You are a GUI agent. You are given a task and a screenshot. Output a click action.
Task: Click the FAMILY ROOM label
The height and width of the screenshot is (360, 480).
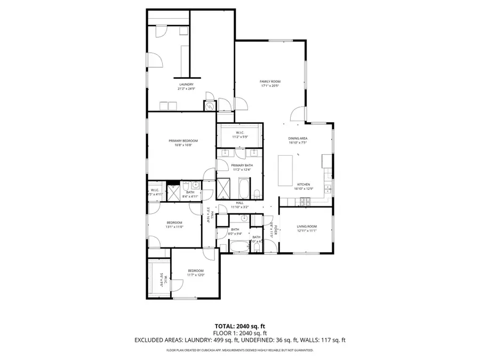pos(270,81)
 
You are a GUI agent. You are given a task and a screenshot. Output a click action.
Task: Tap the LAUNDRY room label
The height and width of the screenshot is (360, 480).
pos(186,84)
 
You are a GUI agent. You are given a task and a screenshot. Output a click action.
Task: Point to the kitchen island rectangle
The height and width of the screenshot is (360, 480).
pos(286,170)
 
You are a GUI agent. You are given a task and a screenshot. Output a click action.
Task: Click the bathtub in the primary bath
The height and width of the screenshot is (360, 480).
pos(244,188)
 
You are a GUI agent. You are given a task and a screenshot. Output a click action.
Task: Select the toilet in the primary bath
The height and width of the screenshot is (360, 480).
pos(257,192)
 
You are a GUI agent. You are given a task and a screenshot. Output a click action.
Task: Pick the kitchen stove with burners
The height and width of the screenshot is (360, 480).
pos(307,201)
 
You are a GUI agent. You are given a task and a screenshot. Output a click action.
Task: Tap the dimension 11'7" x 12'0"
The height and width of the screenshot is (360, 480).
pos(196,276)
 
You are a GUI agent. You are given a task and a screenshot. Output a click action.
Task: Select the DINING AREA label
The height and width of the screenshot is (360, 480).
pos(298,138)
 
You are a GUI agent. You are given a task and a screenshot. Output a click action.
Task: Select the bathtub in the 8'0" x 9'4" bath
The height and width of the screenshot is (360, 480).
pos(239,246)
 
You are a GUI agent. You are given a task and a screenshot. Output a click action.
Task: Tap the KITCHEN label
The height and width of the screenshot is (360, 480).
pos(303,185)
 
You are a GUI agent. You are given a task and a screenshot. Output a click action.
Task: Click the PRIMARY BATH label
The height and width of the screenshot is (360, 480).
pos(242,165)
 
